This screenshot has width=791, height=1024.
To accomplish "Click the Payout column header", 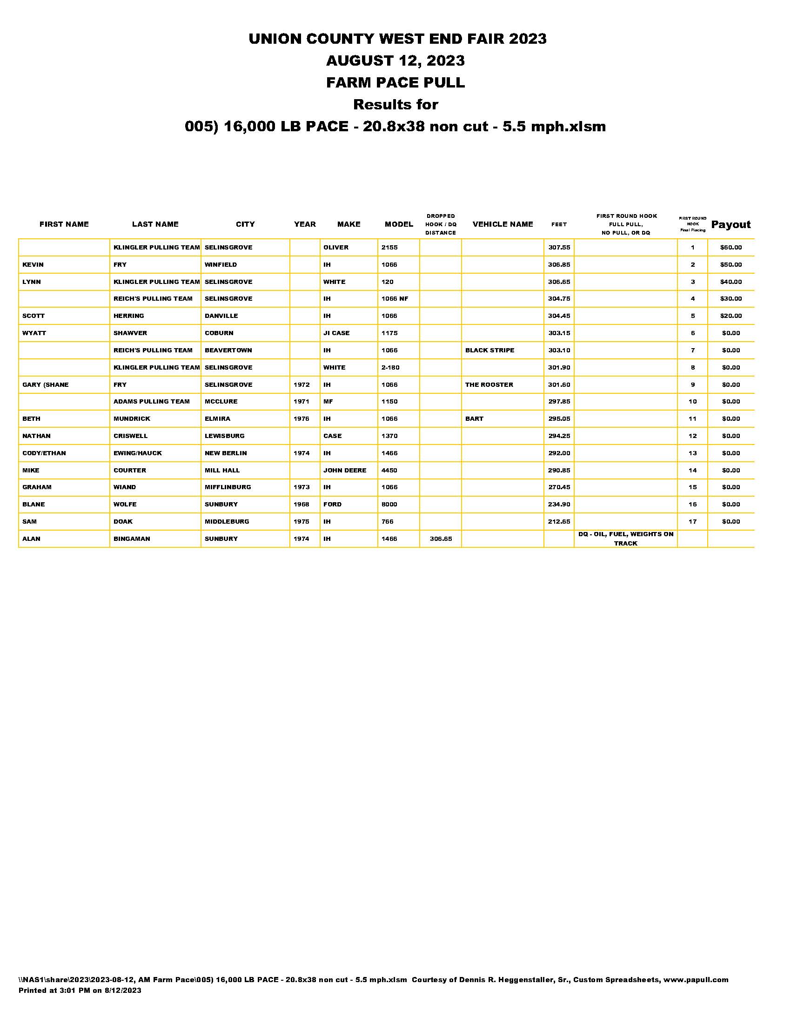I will (731, 225).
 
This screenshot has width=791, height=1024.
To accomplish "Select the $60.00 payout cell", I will (731, 248).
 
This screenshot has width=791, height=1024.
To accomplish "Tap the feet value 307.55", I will (559, 248).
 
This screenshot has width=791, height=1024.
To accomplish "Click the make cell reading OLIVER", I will (335, 248).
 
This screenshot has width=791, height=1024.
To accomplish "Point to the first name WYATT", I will (34, 333).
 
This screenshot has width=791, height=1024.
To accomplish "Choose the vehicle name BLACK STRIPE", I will (489, 350).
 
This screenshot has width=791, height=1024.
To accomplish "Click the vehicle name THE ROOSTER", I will (489, 385).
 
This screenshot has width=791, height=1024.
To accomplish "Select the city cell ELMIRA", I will (217, 419).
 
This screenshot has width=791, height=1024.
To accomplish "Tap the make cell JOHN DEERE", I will (344, 470).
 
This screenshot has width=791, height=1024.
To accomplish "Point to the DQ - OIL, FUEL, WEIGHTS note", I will (625, 539).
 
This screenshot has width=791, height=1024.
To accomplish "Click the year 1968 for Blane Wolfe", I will (302, 505).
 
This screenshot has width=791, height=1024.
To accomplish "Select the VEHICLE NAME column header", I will (503, 225).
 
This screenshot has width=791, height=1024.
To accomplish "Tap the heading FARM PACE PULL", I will (395, 82).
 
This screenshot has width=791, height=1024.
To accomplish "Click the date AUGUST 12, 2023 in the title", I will (395, 61).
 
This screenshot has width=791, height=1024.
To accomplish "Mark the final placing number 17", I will (692, 522).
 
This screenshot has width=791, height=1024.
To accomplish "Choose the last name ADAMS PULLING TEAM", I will (151, 402).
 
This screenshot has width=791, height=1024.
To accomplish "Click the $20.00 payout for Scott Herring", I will (731, 316).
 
